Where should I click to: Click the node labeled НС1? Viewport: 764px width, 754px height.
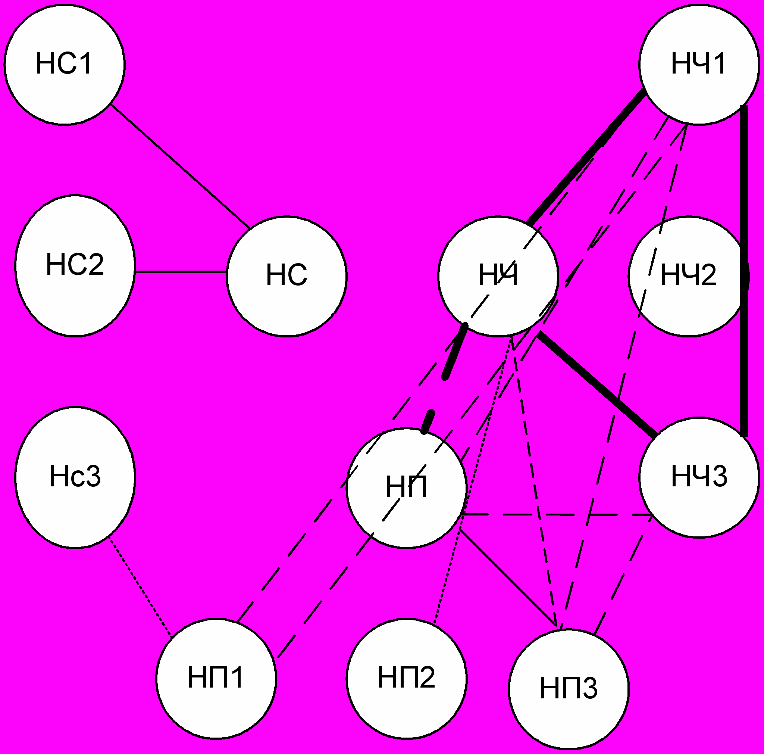[x=65, y=65]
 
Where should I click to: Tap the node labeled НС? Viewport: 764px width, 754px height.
[x=287, y=276]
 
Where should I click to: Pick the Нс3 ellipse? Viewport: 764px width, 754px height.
[x=75, y=477]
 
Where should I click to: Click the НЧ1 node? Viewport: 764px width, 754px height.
[x=699, y=65]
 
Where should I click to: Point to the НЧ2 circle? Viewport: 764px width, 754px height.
[x=689, y=276]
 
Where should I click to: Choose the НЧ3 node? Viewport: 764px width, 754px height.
[x=699, y=477]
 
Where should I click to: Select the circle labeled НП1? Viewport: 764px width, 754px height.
[x=216, y=678]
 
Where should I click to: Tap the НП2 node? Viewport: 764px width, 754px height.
[x=407, y=678]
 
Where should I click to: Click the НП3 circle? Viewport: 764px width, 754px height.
[x=569, y=689]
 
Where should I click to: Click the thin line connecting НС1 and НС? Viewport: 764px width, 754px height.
[x=180, y=166]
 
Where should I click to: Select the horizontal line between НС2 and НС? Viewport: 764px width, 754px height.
[x=181, y=272]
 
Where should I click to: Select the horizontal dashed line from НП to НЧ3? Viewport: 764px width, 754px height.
[x=554, y=515]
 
